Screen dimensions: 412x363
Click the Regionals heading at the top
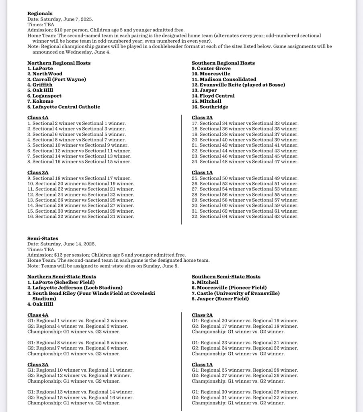coord(40,14)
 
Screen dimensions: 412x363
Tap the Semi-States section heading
coord(43,238)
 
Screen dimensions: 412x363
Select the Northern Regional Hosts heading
coord(59,63)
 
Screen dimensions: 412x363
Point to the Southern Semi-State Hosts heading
coord(226,277)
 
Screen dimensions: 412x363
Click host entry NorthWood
coord(45,74)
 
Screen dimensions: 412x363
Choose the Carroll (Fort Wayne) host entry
coord(57,79)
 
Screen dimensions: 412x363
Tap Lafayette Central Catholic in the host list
coord(64,107)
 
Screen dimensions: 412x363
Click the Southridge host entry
coord(210,107)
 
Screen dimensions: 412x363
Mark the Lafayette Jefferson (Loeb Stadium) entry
coord(75,288)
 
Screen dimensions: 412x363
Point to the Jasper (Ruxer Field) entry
coord(220,299)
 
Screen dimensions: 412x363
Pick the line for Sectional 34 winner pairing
coord(245,123)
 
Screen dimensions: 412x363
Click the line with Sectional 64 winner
coord(245,216)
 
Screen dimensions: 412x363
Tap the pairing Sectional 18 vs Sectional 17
coord(79,178)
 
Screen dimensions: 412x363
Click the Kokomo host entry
coord(40,101)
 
